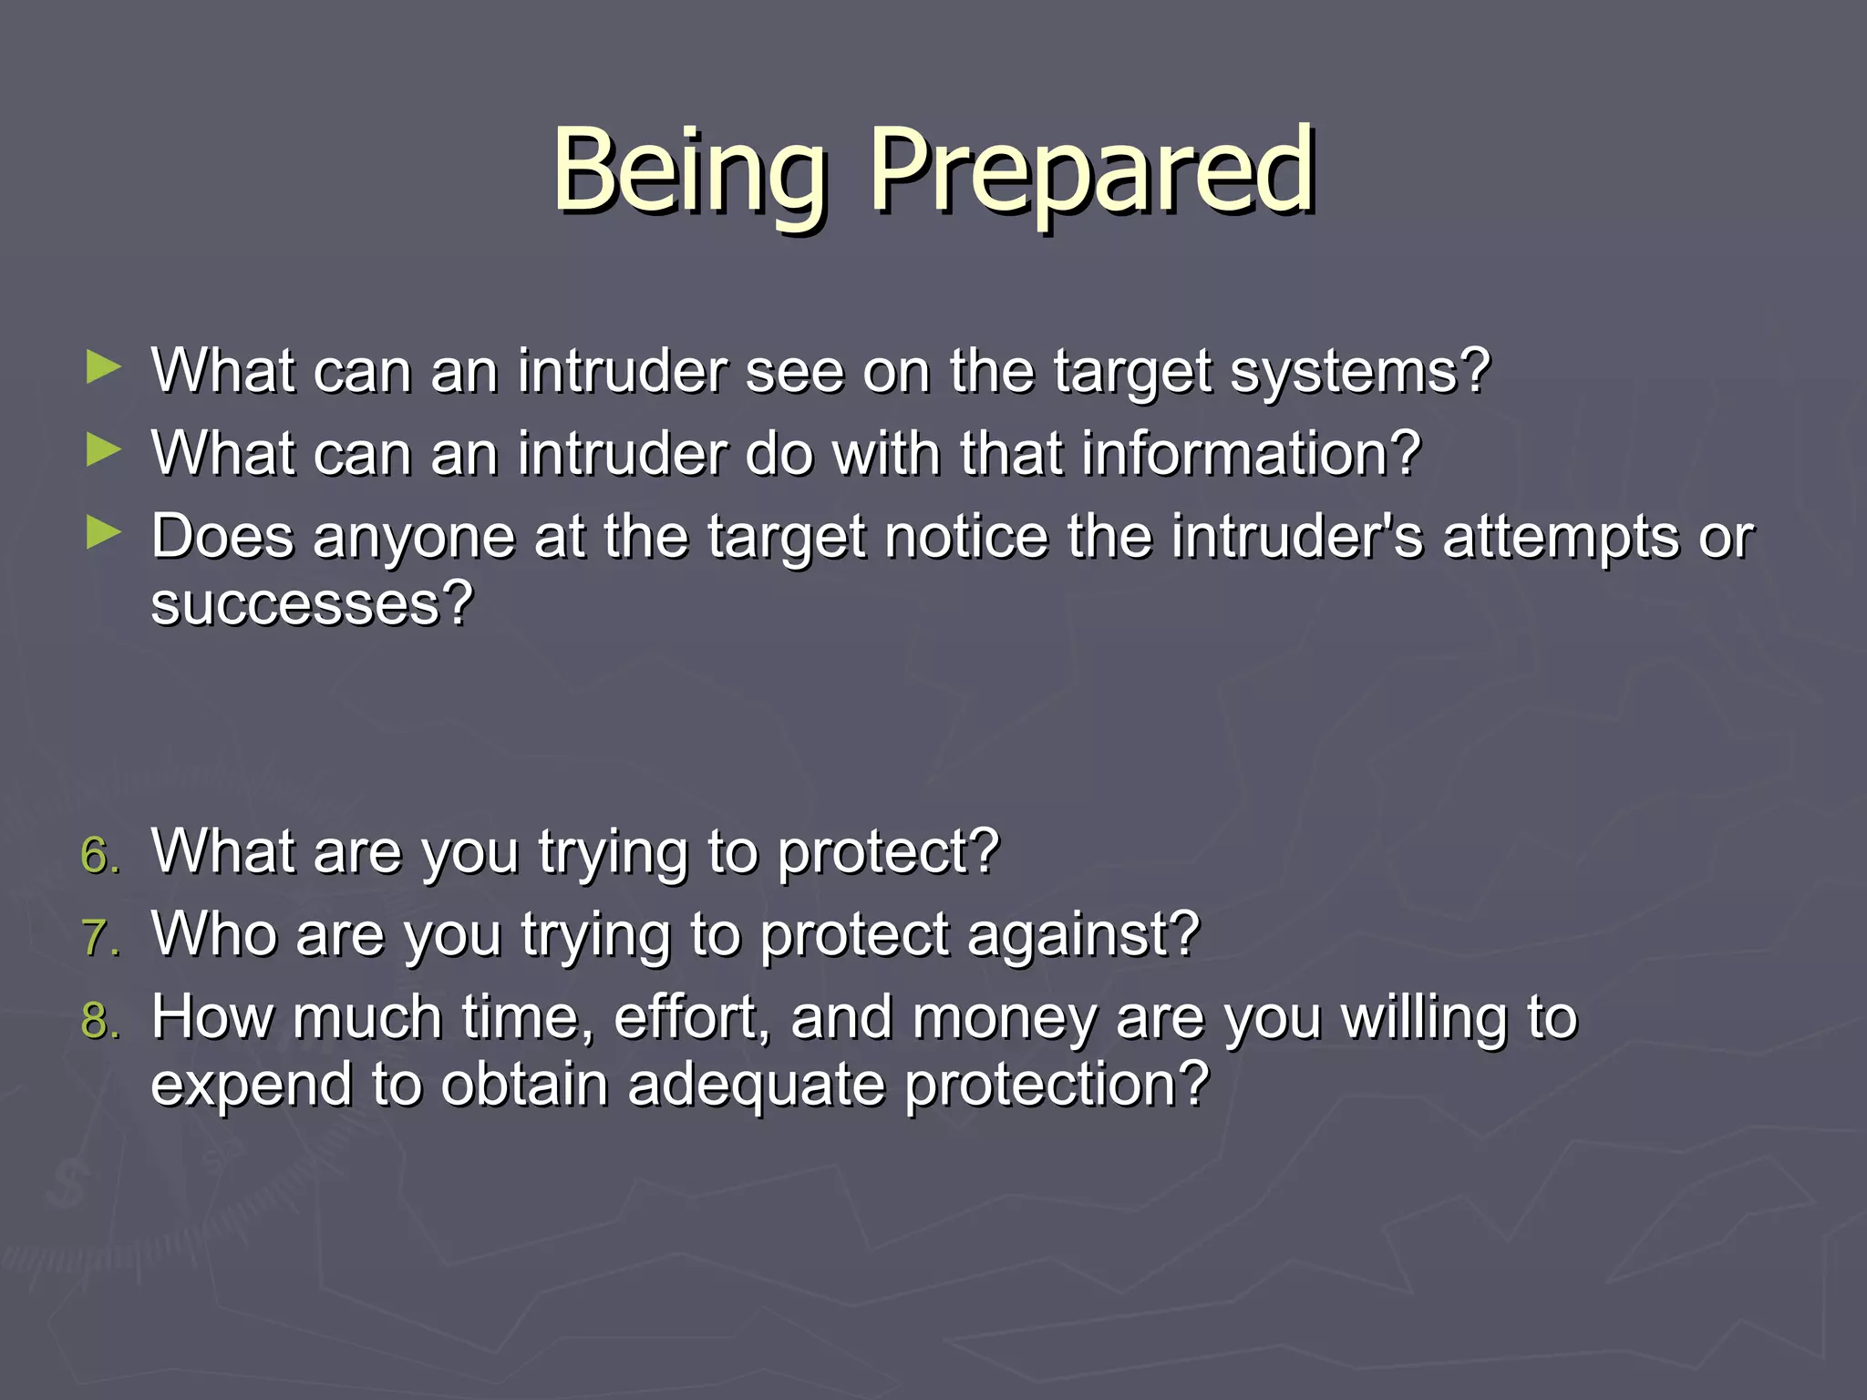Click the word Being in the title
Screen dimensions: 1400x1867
pyautogui.click(x=689, y=171)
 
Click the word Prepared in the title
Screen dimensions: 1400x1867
pyautogui.click(x=1092, y=171)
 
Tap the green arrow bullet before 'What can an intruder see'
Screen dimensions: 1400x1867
pyautogui.click(x=103, y=368)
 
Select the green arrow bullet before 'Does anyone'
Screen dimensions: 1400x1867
pyautogui.click(x=103, y=533)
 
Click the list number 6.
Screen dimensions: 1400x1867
pyautogui.click(x=98, y=855)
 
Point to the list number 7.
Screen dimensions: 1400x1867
pyautogui.click(x=98, y=938)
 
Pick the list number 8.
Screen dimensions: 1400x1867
pyautogui.click(x=98, y=1021)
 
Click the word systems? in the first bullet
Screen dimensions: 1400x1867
pyautogui.click(x=1360, y=372)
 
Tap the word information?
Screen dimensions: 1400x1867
pyautogui.click(x=1251, y=453)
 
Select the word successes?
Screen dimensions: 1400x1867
pyautogui.click(x=312, y=603)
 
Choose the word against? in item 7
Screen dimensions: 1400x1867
pyautogui.click(x=1083, y=936)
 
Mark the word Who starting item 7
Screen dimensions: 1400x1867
pyautogui.click(x=214, y=934)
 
